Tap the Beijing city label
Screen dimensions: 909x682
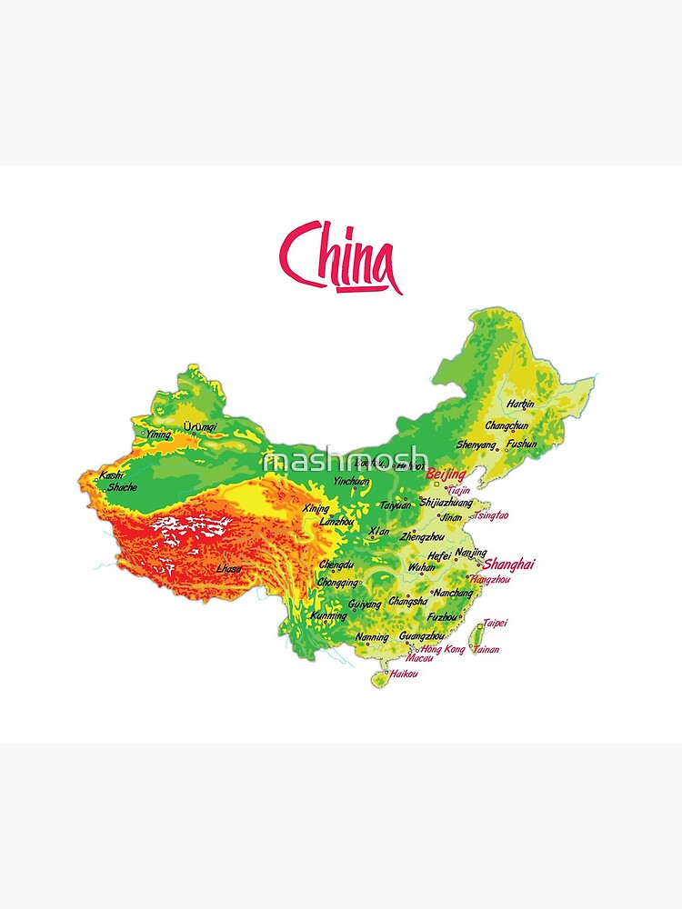click(445, 474)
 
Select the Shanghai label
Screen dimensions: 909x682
click(509, 564)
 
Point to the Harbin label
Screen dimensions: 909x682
click(521, 404)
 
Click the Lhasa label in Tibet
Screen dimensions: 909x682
click(229, 569)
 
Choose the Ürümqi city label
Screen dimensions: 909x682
click(200, 426)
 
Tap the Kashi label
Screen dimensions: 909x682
click(111, 474)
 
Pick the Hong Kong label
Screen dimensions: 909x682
click(442, 650)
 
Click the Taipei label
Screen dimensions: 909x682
click(495, 624)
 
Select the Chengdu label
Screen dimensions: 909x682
click(336, 564)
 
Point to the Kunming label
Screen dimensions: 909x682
click(328, 615)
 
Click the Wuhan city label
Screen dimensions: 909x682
click(422, 566)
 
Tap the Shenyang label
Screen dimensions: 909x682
click(476, 445)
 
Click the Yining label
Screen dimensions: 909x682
click(157, 435)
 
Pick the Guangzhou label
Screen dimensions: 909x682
click(422, 636)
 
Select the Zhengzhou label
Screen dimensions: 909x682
click(422, 537)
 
